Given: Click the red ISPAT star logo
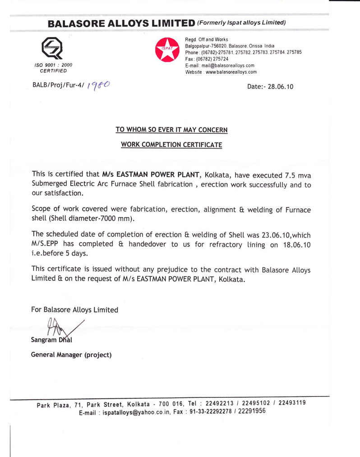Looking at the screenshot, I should coord(167,50).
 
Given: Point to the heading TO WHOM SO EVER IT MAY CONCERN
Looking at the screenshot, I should coord(171,130).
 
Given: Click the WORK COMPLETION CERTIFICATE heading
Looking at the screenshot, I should coord(171,145).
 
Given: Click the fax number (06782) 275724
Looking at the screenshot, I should coord(212,59).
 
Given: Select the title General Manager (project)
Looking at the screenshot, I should coord(71,354).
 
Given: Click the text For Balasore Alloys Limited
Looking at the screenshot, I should coord(74,310).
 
